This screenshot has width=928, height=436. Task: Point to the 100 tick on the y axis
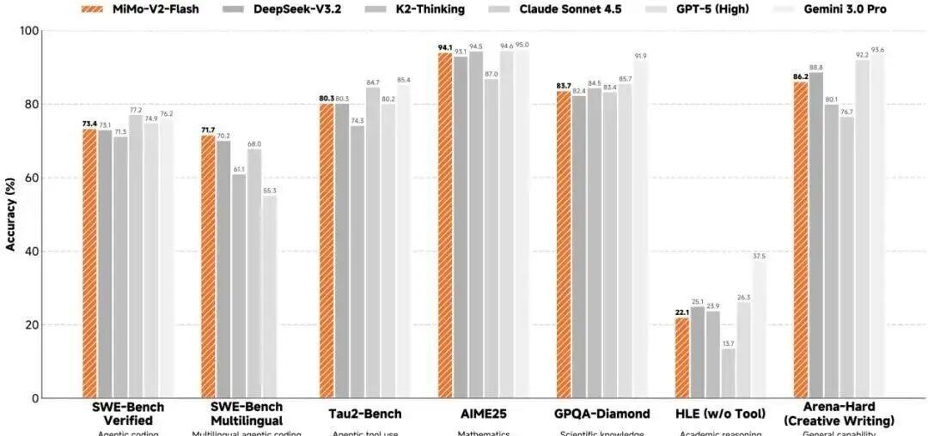coord(28,31)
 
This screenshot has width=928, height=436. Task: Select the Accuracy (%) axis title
coord(11,215)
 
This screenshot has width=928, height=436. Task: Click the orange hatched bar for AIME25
coord(445,225)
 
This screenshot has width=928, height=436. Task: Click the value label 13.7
coord(729,343)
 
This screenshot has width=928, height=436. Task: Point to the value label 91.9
coord(641,56)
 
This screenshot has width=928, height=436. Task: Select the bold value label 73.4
coord(89,124)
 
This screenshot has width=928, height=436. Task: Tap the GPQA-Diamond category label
coord(601,414)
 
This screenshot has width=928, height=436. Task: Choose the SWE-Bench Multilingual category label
coord(247,412)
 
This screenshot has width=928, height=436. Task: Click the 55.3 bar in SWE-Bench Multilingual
coord(270,297)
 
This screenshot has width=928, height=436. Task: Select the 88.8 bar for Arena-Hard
coord(815,235)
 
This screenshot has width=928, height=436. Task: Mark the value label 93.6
coord(878,50)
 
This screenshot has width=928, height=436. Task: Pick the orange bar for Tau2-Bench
coord(327,251)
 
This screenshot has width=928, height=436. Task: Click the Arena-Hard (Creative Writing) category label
coord(839,413)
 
